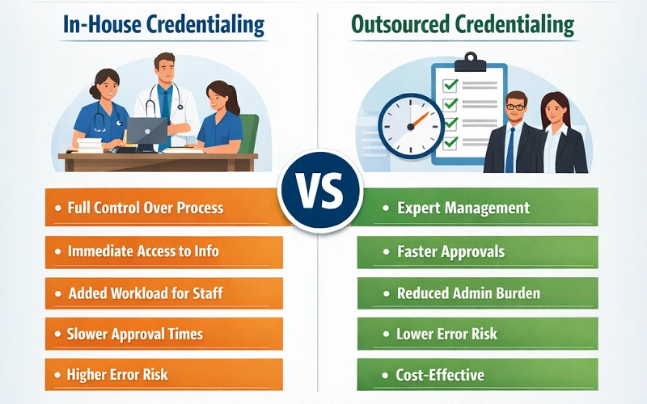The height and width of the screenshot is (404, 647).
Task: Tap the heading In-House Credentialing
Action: pos(164,24)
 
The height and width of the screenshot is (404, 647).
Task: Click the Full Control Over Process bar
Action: pos(162,208)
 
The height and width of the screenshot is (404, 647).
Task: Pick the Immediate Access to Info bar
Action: pos(162,251)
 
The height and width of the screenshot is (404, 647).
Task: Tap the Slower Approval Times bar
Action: pos(162,334)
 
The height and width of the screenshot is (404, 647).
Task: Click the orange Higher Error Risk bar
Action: pos(162,375)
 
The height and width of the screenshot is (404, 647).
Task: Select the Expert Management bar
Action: pos(477,208)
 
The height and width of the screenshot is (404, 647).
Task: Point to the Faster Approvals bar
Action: pos(477,251)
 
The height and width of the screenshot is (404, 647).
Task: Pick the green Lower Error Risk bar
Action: pos(477,334)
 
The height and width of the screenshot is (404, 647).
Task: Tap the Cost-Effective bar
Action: pos(477,375)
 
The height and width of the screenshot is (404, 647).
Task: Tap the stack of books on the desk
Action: pos(90,145)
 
